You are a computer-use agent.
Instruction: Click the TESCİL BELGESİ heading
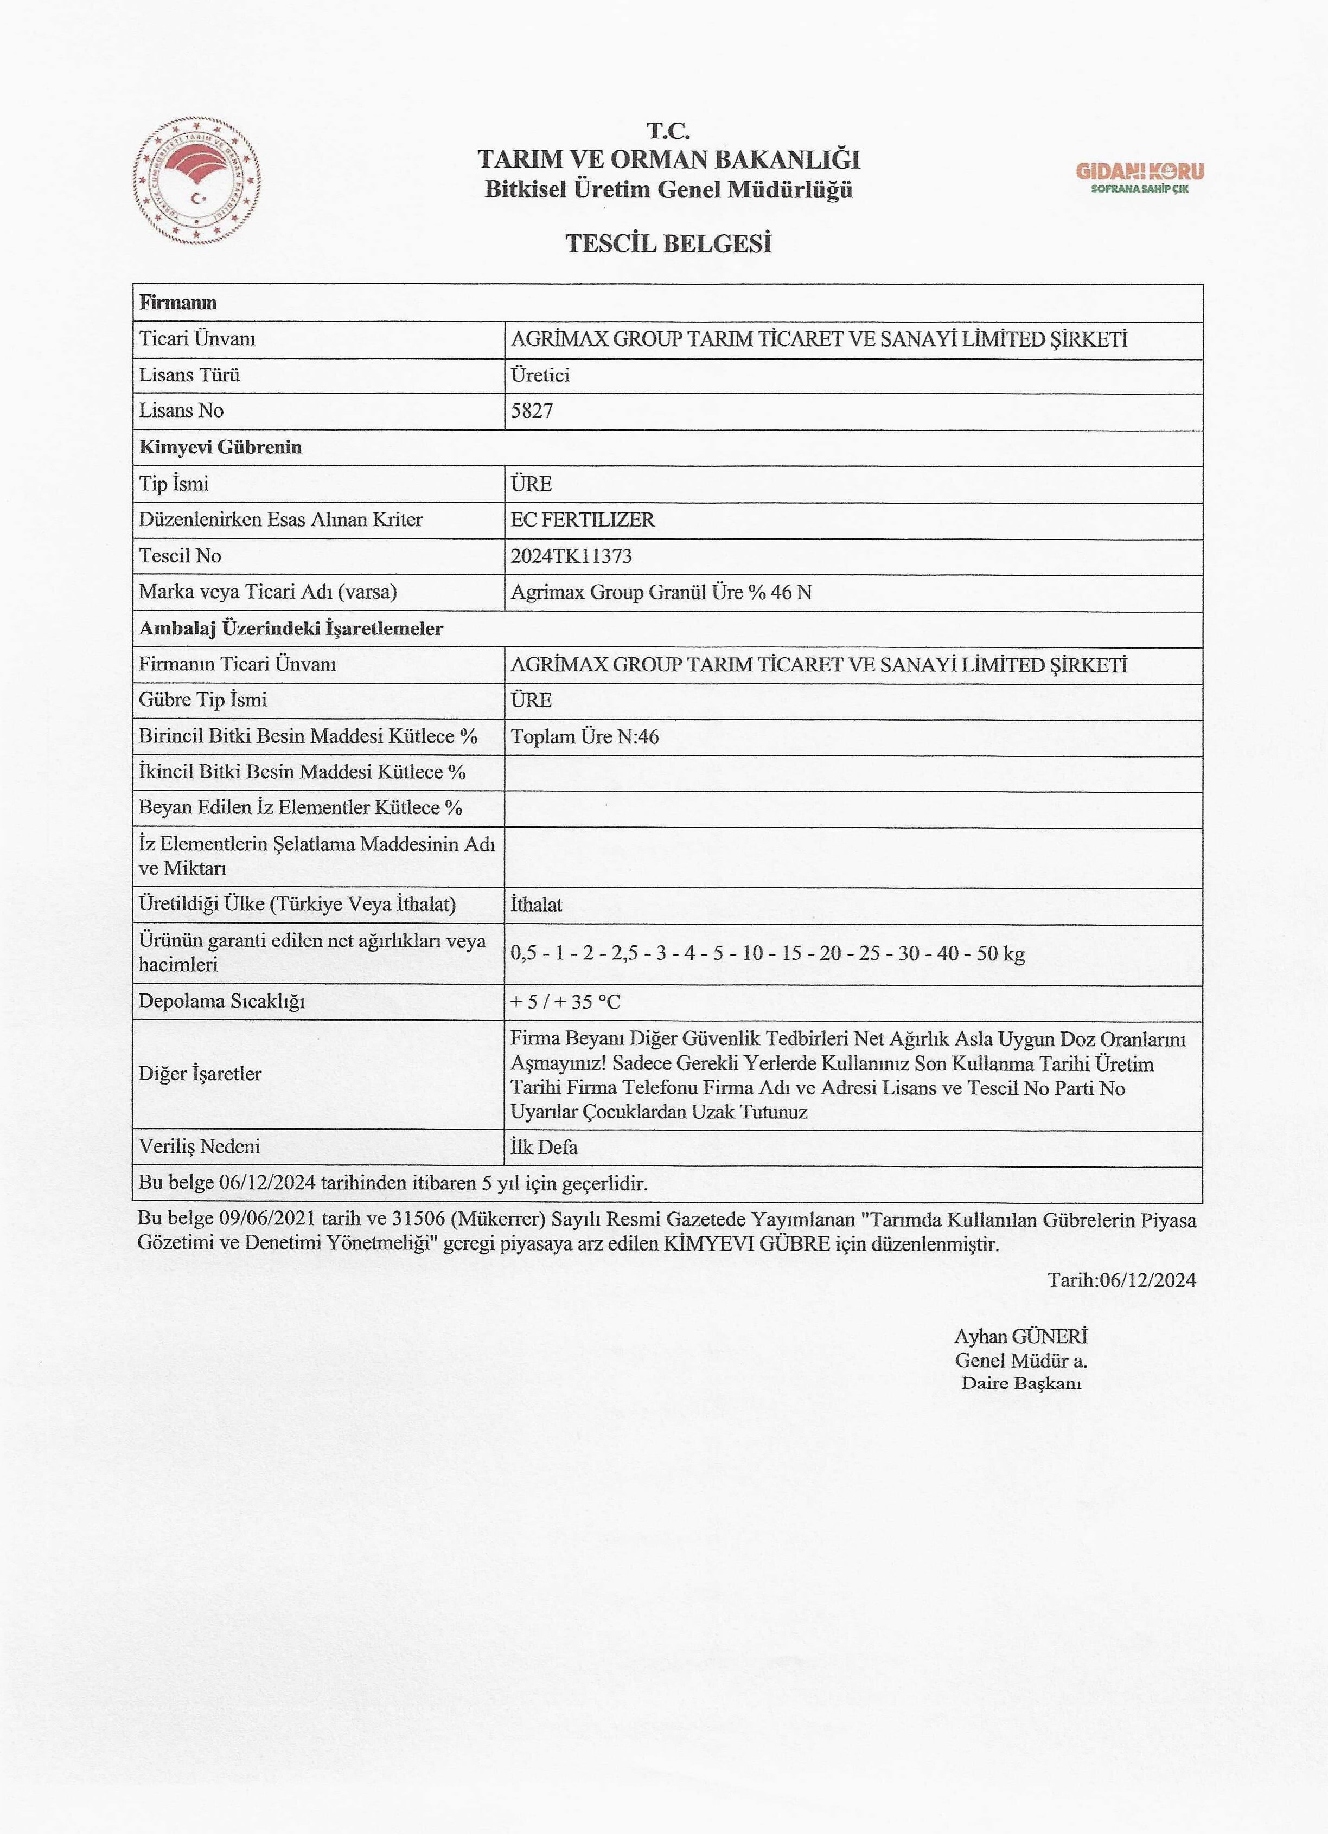click(x=668, y=242)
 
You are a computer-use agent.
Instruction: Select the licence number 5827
click(x=532, y=411)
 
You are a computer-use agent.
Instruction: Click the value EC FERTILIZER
click(x=582, y=520)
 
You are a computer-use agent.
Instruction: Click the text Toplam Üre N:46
click(x=585, y=736)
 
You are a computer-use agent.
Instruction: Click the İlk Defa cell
click(x=544, y=1146)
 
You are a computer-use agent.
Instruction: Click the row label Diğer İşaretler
click(x=200, y=1074)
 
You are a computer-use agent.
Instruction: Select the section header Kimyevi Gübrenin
click(x=220, y=447)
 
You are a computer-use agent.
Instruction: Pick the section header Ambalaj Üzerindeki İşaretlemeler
click(x=291, y=629)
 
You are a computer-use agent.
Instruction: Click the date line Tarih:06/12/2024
click(x=1121, y=1279)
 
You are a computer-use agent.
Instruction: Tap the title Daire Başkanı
click(x=1020, y=1383)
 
